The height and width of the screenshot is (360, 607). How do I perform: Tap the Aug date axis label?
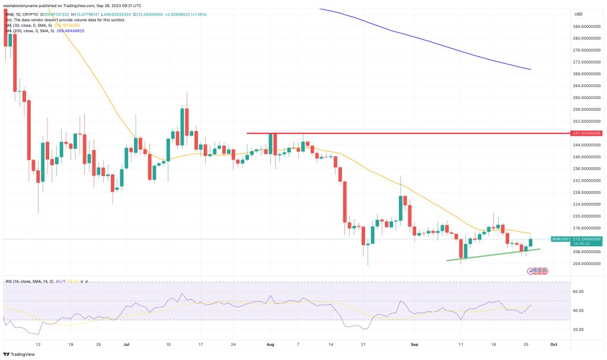[x=271, y=343]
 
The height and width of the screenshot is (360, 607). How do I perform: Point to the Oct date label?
[x=552, y=343]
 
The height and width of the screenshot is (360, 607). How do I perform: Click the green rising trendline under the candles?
[x=492, y=254]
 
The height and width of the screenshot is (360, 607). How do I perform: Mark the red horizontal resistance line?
[x=403, y=133]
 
